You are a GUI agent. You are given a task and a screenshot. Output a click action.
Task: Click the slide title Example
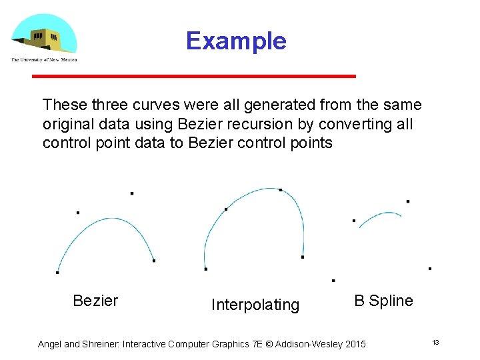(x=236, y=41)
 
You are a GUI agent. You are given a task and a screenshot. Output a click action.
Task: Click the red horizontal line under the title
(x=194, y=77)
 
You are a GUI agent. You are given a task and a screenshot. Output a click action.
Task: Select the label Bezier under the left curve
(x=95, y=301)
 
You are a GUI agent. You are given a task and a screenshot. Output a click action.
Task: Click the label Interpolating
(x=255, y=305)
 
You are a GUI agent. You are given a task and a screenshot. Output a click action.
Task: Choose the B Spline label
(x=383, y=301)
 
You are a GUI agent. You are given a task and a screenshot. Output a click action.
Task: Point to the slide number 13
(x=435, y=343)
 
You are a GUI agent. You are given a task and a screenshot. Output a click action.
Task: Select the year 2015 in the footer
(x=353, y=344)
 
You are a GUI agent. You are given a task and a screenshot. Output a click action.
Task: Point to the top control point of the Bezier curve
(x=132, y=193)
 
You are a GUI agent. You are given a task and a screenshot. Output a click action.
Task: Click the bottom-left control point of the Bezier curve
(x=57, y=272)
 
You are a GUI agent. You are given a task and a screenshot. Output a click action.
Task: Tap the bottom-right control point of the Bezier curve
(x=154, y=261)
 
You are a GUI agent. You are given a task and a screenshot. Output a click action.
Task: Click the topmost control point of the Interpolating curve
(x=281, y=190)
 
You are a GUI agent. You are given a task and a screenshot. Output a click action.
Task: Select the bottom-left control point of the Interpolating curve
(x=206, y=269)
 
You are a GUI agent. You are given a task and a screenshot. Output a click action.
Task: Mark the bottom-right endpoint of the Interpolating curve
(x=303, y=257)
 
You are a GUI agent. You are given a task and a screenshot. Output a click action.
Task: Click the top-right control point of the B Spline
(x=408, y=201)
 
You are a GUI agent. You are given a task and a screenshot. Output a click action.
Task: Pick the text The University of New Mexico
(x=44, y=60)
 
